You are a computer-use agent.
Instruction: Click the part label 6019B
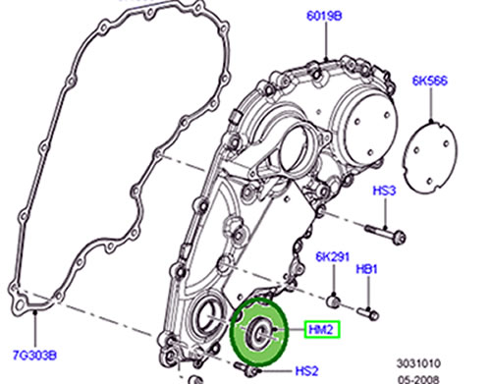coord(324,16)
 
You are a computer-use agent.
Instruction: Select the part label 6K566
coord(430,81)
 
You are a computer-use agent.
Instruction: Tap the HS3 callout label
coord(384,191)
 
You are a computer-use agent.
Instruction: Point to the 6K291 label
coord(333,256)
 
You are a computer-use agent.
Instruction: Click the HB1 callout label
coord(366,269)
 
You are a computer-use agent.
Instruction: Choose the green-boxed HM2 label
coord(322,329)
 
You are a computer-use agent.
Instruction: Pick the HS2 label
coord(306,371)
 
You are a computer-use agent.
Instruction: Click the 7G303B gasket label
coord(34,356)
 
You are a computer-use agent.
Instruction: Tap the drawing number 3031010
coord(419,363)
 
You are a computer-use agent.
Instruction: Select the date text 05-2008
coord(419,380)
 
